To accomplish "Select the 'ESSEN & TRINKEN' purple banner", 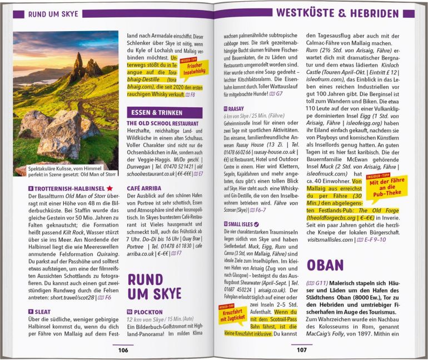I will [154, 113].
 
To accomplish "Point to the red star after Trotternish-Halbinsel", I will [110, 189].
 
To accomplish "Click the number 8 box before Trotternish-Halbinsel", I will [30, 189].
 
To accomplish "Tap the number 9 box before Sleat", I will [30, 312].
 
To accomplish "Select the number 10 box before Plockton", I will [130, 312].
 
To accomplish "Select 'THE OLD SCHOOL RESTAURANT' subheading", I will [162, 123].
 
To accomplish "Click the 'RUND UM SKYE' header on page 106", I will [53, 12].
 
